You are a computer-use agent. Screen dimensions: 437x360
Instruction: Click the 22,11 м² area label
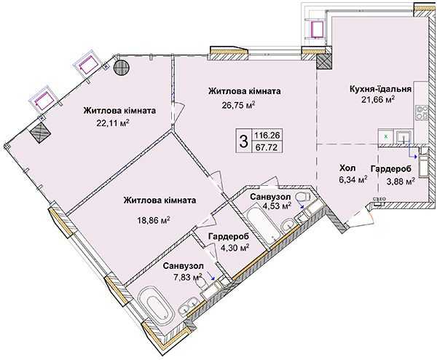point(113,123)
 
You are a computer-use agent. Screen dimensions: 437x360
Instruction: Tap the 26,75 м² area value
point(239,105)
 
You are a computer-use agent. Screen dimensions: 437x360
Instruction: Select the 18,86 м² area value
point(154,220)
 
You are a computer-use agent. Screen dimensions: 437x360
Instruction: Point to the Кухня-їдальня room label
point(380,89)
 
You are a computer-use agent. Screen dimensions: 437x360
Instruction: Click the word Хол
point(347,168)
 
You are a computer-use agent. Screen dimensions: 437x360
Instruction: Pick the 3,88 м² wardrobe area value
point(400,181)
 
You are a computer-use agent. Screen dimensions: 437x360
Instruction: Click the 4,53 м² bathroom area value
point(277,206)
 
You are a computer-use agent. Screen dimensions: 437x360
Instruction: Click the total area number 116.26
point(267,136)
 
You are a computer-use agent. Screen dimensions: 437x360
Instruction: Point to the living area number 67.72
point(267,147)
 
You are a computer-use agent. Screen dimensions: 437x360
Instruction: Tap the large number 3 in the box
point(243,141)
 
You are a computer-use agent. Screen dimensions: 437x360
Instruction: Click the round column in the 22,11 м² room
point(121,67)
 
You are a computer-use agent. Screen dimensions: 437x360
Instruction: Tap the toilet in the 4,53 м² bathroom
point(303,196)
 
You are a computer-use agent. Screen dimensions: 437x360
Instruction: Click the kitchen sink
point(403,136)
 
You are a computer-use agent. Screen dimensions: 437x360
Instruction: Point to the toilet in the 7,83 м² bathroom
point(201,283)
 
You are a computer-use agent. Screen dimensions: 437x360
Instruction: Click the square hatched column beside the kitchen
point(324,61)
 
